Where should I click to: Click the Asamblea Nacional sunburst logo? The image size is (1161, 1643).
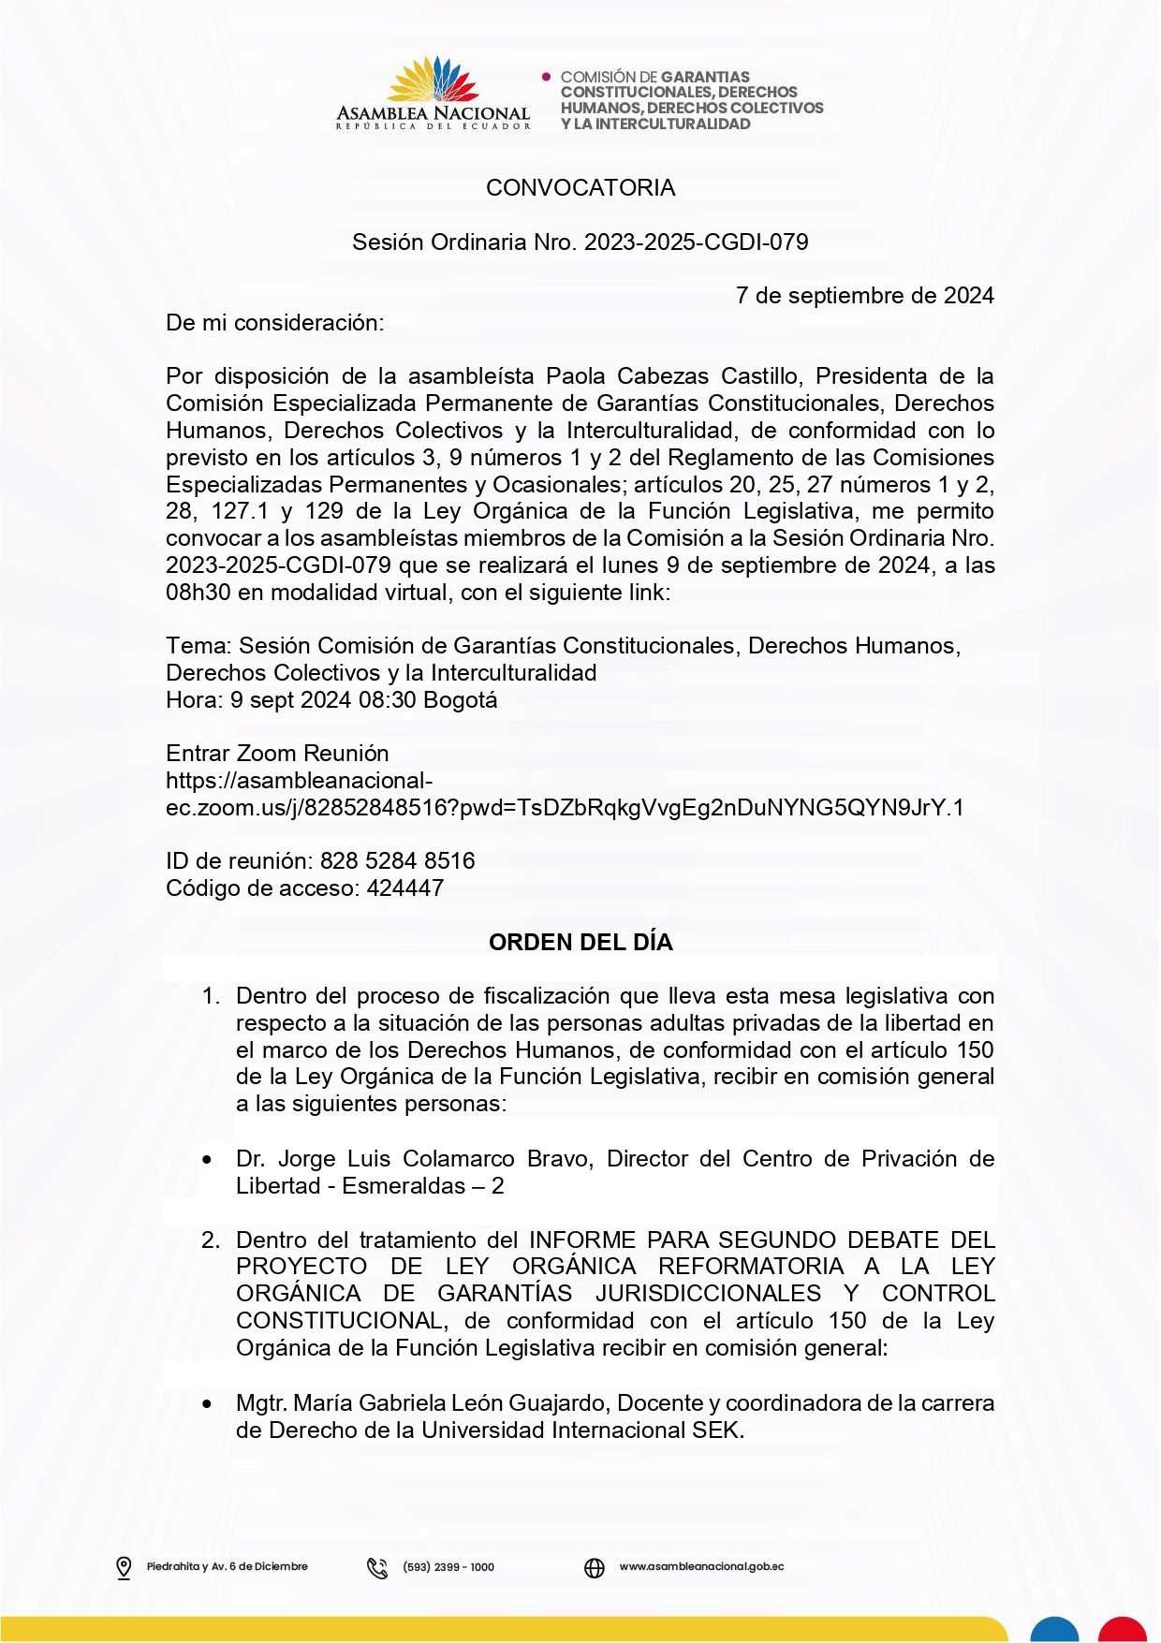433,81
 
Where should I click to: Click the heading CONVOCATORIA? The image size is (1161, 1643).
580,188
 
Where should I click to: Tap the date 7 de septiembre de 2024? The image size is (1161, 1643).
864,296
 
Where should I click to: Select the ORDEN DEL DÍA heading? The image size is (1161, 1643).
580,943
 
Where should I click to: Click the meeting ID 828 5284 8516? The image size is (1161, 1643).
397,861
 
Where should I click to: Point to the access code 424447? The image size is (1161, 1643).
405,888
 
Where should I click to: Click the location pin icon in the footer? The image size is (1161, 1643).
124,1568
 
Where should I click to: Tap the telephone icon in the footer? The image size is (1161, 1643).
377,1568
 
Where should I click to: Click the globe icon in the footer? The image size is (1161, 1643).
595,1568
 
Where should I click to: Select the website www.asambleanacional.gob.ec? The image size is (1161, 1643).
701,1567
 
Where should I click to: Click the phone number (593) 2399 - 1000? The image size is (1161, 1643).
448,1567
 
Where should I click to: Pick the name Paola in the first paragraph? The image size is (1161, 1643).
575,376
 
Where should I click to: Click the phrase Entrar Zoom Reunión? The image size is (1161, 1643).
277,754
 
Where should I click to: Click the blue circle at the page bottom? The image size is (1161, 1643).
1054,1630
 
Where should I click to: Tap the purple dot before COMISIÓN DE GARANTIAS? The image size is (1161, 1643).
547,76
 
